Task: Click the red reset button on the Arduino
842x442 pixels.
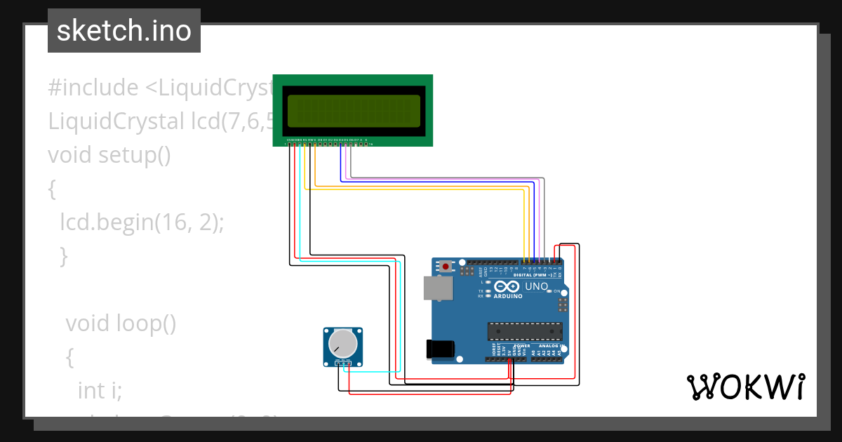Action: click(446, 267)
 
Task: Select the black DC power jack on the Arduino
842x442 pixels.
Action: click(440, 348)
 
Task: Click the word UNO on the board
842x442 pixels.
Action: click(536, 286)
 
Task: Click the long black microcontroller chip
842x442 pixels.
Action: click(525, 330)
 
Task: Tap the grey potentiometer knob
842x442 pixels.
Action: click(342, 343)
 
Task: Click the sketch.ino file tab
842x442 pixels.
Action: click(124, 31)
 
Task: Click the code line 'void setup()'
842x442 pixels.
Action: click(109, 154)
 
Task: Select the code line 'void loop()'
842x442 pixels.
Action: click(121, 323)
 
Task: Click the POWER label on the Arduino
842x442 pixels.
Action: click(521, 346)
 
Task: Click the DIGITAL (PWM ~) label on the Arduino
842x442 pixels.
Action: click(537, 275)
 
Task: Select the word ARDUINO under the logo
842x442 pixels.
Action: click(508, 296)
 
